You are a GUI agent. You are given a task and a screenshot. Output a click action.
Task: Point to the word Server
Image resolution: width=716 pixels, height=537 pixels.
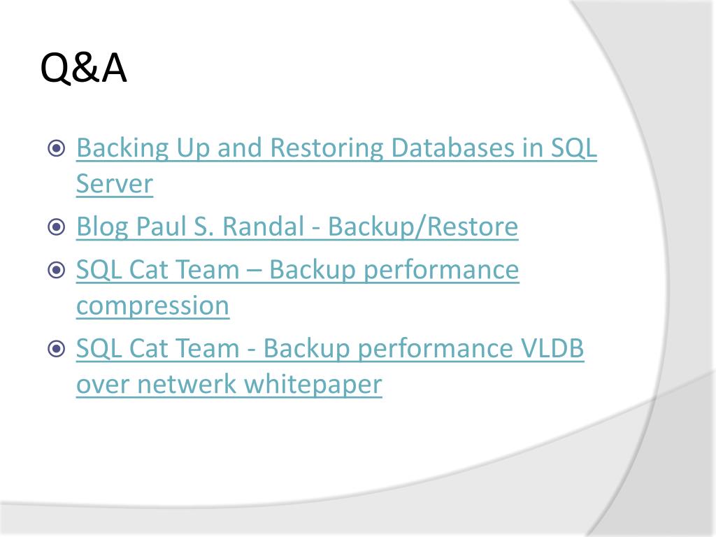(114, 184)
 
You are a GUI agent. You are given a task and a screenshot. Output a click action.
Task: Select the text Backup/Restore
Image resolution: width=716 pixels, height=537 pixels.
(423, 227)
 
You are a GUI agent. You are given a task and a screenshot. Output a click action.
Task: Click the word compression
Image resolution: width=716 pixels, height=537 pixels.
(152, 306)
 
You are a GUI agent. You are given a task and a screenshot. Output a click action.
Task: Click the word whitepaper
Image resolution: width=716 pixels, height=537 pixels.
(313, 385)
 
